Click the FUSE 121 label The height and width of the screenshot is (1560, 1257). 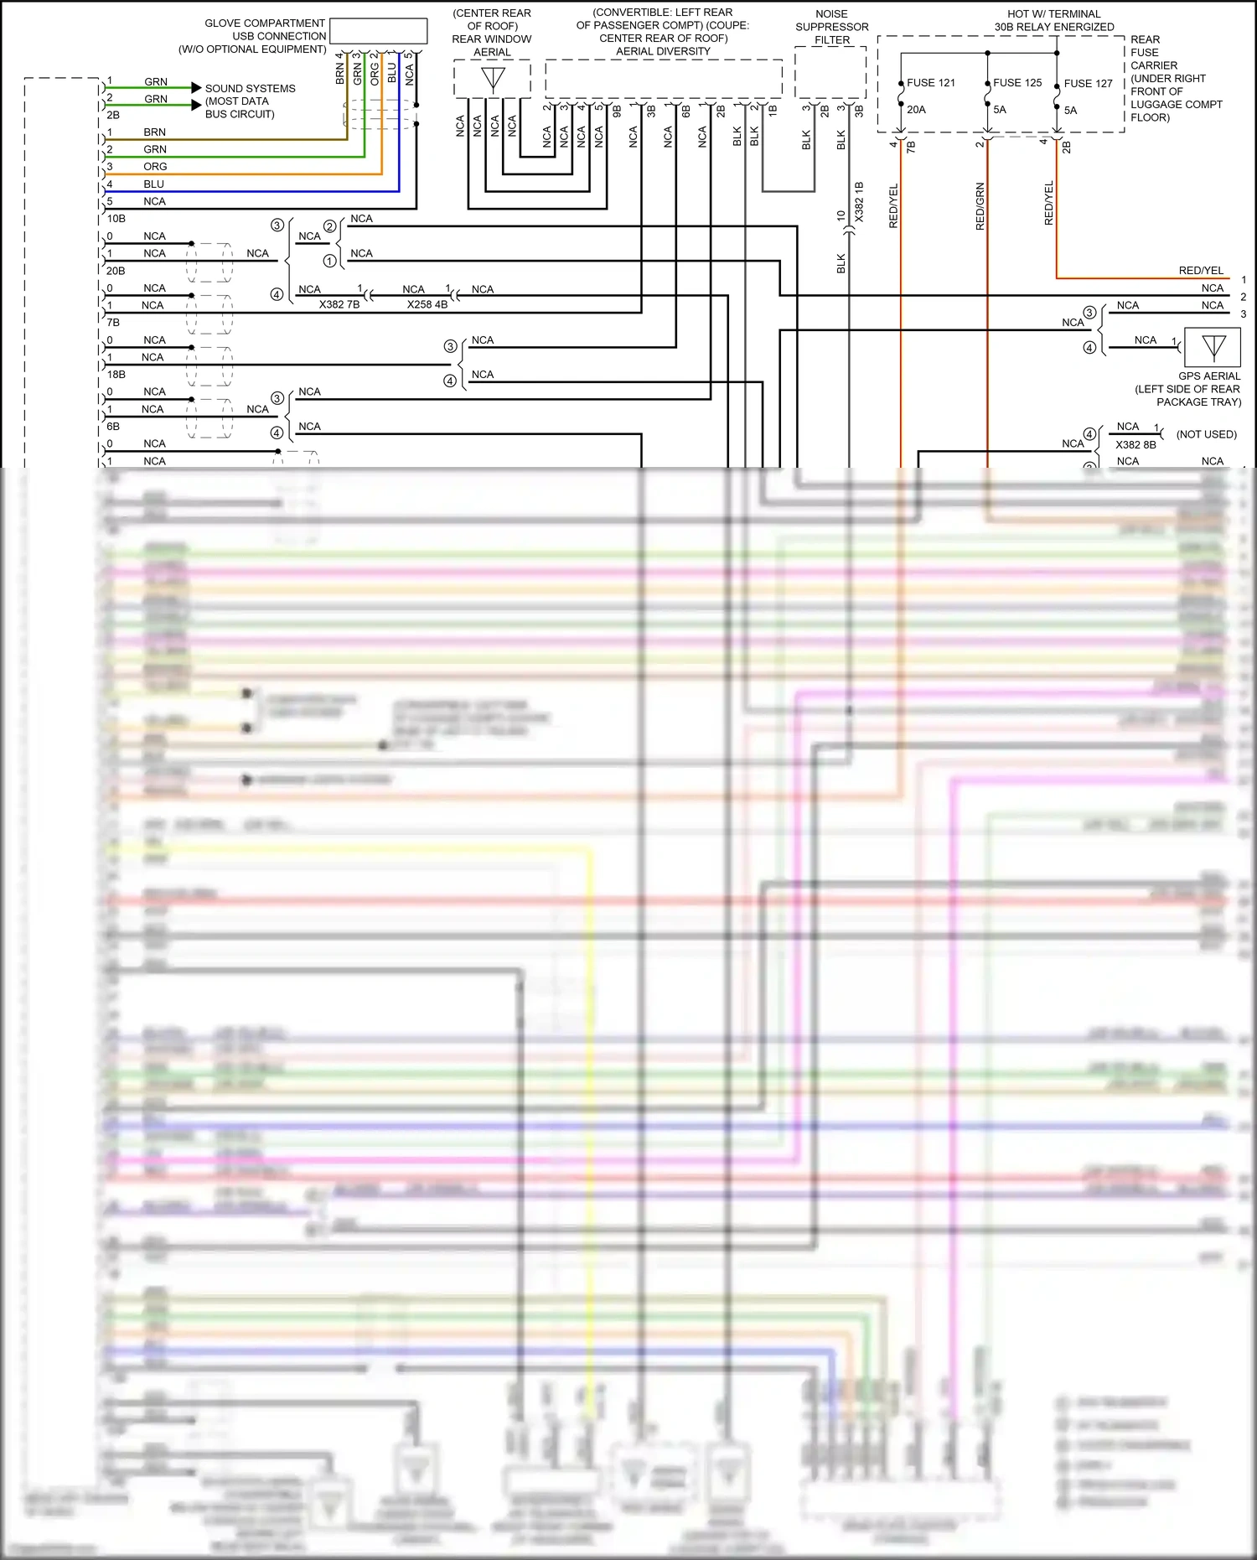point(930,83)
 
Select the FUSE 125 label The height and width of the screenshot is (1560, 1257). point(1017,83)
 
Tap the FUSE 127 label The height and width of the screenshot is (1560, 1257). point(1088,84)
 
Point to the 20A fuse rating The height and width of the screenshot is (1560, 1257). point(916,110)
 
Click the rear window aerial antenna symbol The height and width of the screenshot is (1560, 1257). point(493,80)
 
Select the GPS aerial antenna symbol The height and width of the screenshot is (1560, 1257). point(1213,346)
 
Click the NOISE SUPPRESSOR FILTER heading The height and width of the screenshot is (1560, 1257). point(831,27)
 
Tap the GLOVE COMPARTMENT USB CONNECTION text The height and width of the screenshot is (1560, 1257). point(265,30)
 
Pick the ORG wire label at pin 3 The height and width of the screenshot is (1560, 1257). point(155,167)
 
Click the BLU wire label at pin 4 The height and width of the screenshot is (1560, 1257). point(153,184)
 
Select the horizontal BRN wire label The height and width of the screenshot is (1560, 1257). point(154,132)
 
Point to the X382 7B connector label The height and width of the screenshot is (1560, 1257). point(339,305)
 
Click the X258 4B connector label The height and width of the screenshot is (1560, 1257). point(427,305)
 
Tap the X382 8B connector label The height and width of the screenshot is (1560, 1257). point(1135,445)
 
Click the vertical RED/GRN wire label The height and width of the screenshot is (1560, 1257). point(980,206)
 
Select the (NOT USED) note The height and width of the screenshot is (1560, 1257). point(1206,434)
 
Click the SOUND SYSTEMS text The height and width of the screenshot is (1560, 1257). point(250,89)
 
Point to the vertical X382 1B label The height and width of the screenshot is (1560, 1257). point(858,202)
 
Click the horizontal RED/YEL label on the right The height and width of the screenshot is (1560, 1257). point(1200,271)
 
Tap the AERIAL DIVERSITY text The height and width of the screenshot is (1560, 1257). point(663,52)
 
